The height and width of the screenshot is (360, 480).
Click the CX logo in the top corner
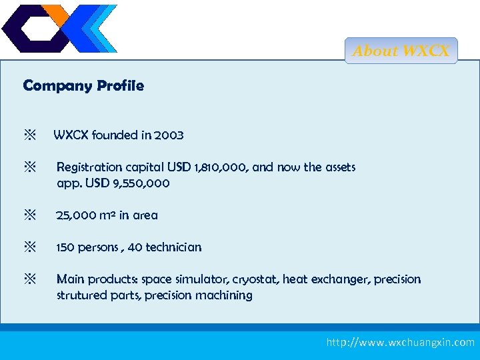click(x=59, y=29)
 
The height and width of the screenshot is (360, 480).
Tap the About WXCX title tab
click(x=401, y=51)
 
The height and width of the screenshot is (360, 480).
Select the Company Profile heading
click(x=83, y=86)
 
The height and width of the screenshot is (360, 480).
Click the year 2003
click(x=169, y=135)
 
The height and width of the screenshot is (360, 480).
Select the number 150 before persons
click(x=67, y=247)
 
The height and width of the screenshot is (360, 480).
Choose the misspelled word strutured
click(x=81, y=295)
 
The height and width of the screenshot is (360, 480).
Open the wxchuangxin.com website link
click(x=400, y=342)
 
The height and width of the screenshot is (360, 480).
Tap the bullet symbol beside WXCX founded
click(x=30, y=135)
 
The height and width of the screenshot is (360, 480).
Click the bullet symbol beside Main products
click(x=30, y=279)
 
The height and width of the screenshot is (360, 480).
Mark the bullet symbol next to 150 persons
click(x=30, y=247)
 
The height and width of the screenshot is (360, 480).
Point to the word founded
click(x=115, y=135)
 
